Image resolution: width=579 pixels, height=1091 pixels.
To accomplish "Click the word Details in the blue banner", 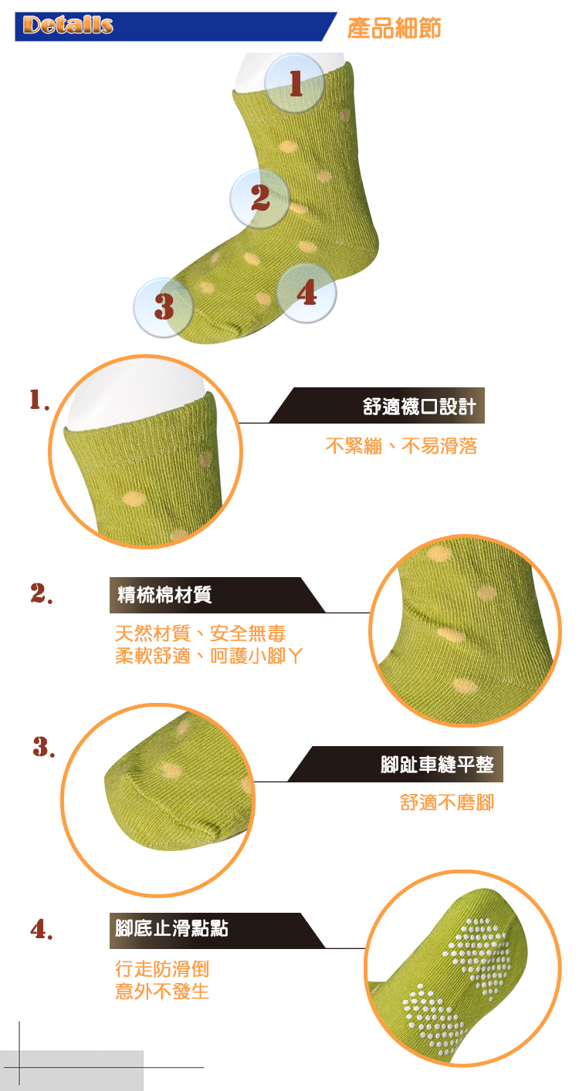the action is point(68,25).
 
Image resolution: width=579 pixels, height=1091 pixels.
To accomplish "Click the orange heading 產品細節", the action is point(394,28).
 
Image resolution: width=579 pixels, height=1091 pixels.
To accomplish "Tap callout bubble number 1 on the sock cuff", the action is point(294,83).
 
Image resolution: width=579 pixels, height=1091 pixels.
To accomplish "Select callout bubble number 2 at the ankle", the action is point(260,199).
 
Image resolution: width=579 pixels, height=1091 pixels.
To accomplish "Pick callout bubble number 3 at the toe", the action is point(164,307).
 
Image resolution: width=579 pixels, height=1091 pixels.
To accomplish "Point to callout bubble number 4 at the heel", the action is point(306,292).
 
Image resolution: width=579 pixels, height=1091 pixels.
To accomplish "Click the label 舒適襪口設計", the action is point(419,406).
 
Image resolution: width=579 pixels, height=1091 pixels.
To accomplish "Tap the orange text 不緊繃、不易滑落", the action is point(401,446).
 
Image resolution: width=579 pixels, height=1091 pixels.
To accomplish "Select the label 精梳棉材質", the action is point(164,595).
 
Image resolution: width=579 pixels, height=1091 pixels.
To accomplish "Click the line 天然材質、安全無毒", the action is point(200,633).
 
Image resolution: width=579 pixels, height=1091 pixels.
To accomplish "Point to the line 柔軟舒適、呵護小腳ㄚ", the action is point(209,656).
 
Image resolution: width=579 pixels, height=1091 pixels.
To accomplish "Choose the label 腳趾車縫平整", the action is point(437,764).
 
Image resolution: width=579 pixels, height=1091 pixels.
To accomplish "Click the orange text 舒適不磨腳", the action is point(447,802).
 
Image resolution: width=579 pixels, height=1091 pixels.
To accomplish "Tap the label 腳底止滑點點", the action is point(171,928).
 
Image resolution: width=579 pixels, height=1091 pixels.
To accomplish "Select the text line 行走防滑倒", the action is point(162,969).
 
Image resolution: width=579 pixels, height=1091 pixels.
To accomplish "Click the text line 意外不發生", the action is point(162,991).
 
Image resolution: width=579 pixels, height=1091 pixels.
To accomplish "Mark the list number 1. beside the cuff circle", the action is point(39,400).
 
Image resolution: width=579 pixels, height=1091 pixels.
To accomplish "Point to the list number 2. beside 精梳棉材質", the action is point(42,593).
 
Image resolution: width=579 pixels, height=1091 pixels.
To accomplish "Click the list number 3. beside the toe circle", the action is point(44,747).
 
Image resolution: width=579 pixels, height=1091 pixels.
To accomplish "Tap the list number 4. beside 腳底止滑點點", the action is point(42,929).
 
